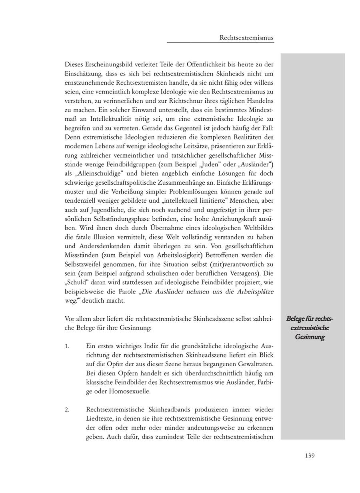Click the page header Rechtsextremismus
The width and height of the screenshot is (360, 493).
click(x=246, y=38)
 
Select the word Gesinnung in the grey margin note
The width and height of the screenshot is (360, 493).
click(x=310, y=337)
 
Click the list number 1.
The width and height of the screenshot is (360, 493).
click(x=67, y=346)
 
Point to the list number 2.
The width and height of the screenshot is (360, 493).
click(x=67, y=409)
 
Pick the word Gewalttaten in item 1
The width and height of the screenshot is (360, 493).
click(x=256, y=364)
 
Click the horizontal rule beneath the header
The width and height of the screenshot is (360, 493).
click(x=220, y=42)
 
